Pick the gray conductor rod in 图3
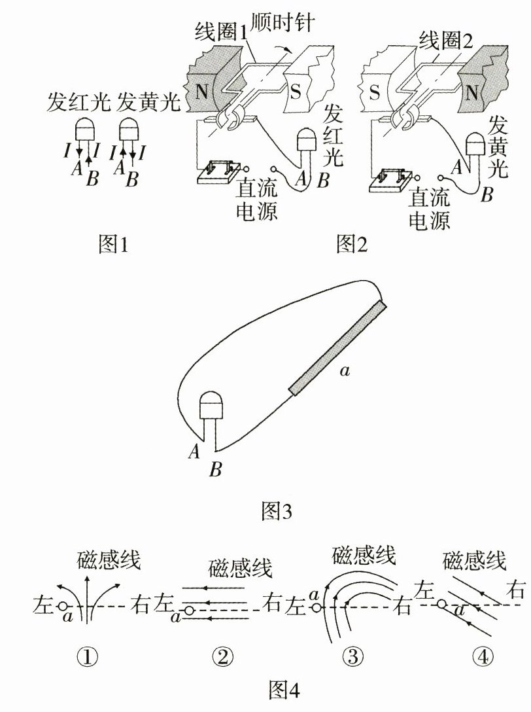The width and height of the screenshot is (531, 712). (338, 348)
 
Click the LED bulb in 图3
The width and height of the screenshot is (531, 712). (211, 406)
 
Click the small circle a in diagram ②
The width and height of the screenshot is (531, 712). (188, 611)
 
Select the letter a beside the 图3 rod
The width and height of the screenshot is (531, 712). (345, 372)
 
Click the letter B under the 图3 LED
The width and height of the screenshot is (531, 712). (216, 469)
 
